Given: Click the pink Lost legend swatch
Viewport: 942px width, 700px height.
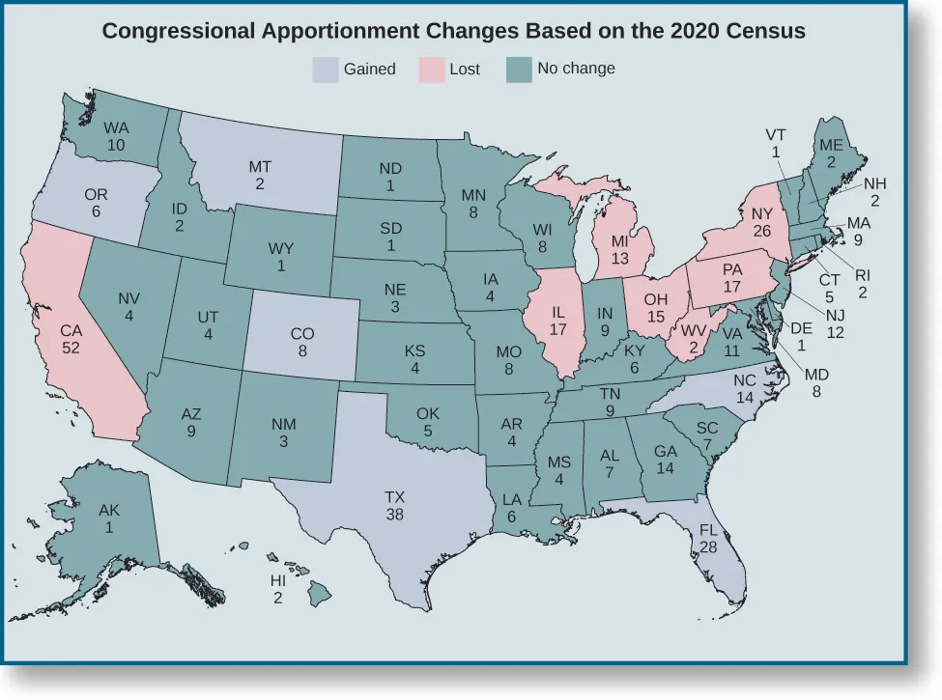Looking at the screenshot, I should (430, 70).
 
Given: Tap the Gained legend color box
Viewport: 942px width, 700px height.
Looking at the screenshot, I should (325, 70).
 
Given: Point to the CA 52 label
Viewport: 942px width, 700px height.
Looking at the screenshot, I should (71, 339).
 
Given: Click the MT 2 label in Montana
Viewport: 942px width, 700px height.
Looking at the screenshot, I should (260, 175).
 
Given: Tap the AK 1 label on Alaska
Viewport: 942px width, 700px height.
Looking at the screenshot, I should (109, 519).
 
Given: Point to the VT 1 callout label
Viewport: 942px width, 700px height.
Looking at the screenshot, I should (776, 143).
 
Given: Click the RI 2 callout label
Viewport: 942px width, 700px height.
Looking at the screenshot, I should (863, 283).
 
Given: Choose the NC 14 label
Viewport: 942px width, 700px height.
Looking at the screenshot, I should (744, 389).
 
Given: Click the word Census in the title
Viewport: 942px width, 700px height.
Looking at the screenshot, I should (767, 30).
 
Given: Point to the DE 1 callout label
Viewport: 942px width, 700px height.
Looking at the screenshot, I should (801, 335).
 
